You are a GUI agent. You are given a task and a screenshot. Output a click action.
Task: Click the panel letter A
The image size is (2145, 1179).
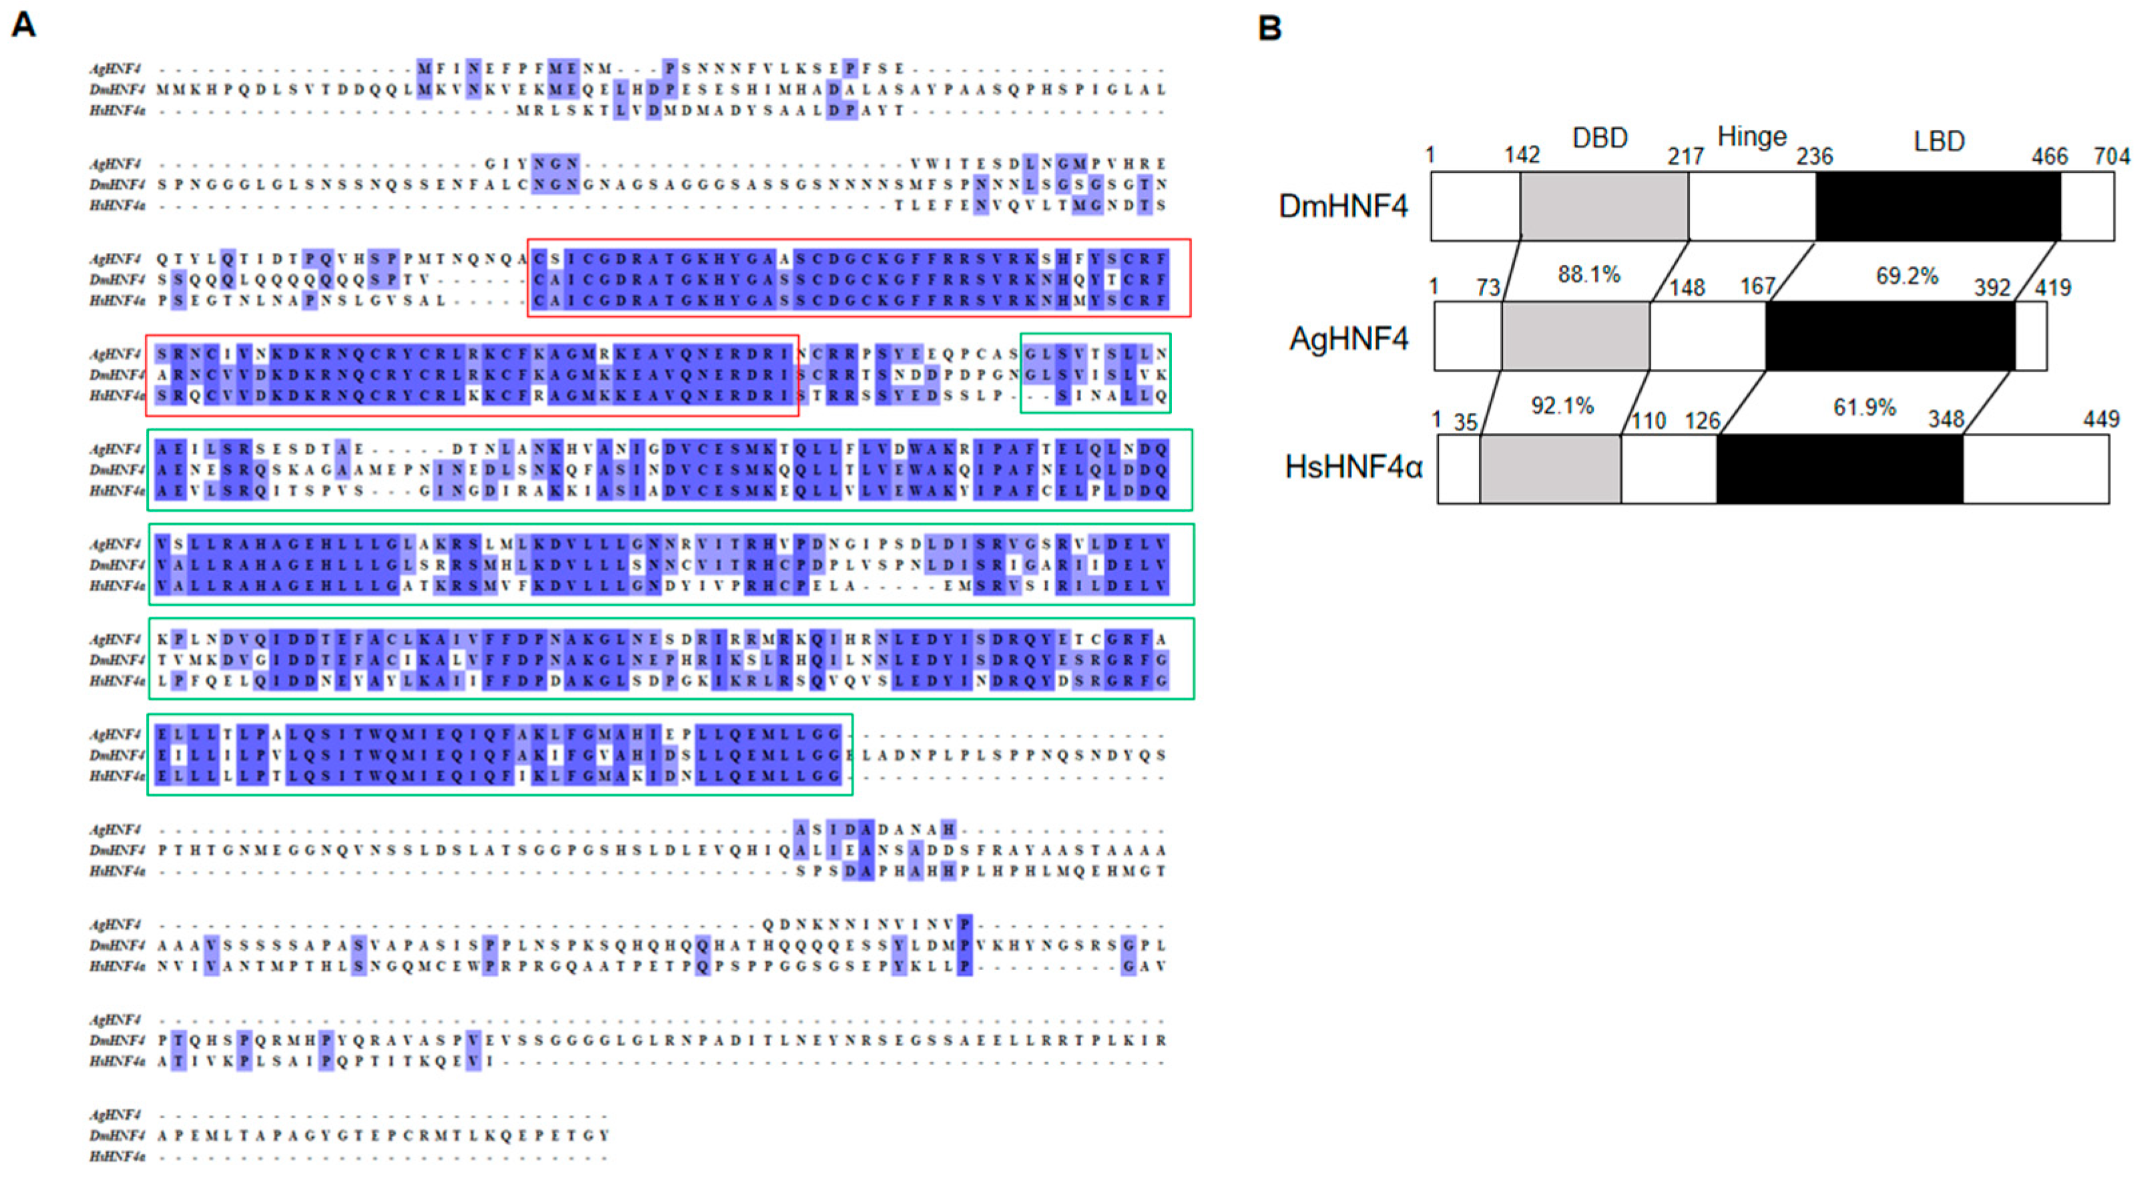(x=23, y=24)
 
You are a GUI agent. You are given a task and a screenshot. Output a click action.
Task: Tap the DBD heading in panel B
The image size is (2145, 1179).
(x=1600, y=138)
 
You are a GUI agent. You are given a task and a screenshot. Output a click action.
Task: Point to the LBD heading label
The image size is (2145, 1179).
(x=1939, y=141)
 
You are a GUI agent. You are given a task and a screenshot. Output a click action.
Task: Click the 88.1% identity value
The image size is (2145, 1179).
(x=1589, y=274)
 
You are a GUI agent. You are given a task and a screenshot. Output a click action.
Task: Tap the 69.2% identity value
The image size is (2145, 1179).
(x=1907, y=276)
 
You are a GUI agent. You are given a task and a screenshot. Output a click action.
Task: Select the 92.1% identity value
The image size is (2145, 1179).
(x=1562, y=406)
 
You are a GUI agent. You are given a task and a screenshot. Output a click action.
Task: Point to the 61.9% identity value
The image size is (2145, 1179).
(x=1865, y=407)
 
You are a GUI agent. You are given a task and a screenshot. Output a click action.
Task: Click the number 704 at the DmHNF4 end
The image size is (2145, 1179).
(x=2112, y=155)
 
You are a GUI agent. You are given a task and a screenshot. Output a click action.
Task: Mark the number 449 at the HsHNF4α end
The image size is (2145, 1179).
(x=2101, y=419)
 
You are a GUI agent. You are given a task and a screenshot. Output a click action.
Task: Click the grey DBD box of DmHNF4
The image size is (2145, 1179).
(x=1604, y=206)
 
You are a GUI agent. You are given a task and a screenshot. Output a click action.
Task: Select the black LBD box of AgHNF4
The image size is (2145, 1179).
(x=1890, y=336)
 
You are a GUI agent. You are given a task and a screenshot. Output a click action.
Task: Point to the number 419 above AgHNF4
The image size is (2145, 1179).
(x=2053, y=288)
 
